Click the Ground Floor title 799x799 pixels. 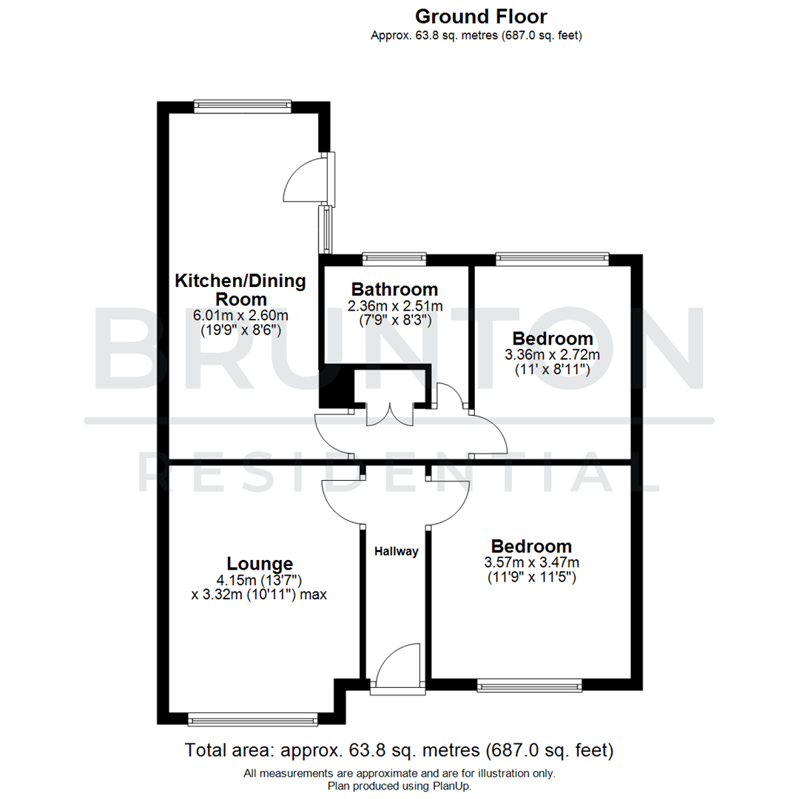(481, 16)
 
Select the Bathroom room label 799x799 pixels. (394, 289)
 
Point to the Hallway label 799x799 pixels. (396, 551)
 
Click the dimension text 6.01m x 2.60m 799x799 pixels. (240, 316)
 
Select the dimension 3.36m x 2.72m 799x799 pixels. (552, 355)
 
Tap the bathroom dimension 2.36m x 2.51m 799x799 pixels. (396, 306)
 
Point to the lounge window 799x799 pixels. (252, 718)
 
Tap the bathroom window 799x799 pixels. (394, 258)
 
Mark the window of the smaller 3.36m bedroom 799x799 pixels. (552, 258)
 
